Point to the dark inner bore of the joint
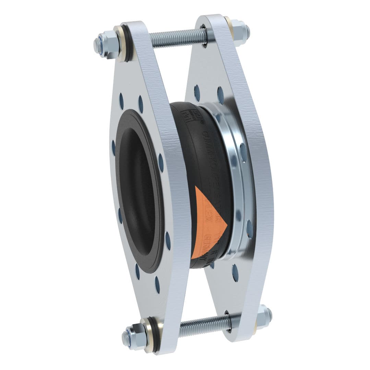[x=137, y=192]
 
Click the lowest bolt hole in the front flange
[x=157, y=284]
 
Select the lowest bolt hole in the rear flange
[x=235, y=273]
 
